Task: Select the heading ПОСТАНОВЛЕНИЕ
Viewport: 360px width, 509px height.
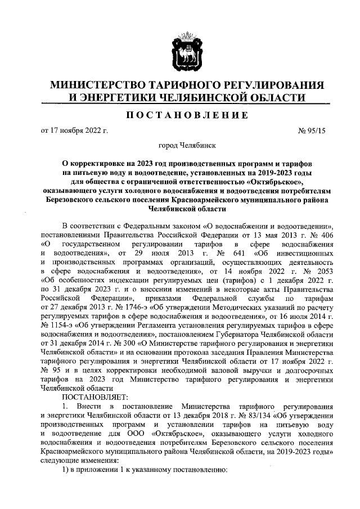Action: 179,115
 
